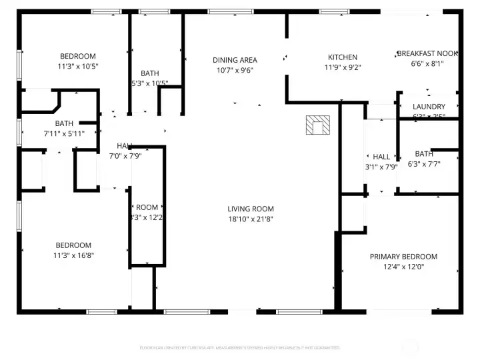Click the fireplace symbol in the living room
coord(318,125)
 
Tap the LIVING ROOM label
coord(250,209)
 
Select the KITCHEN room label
coord(342,57)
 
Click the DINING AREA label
coord(235,60)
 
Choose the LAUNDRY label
coord(429,107)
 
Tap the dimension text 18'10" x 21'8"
coord(250,219)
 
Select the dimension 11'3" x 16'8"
coord(73,255)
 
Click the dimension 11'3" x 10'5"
coord(78,66)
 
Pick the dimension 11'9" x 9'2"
coord(342,67)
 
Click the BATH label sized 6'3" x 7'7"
coord(424,153)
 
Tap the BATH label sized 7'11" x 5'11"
coord(64,123)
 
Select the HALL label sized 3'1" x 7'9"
coord(381,157)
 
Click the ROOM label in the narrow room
coord(147,207)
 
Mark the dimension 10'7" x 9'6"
coord(235,70)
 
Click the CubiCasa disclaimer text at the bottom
coord(239,347)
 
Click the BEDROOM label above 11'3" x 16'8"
coord(73,245)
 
